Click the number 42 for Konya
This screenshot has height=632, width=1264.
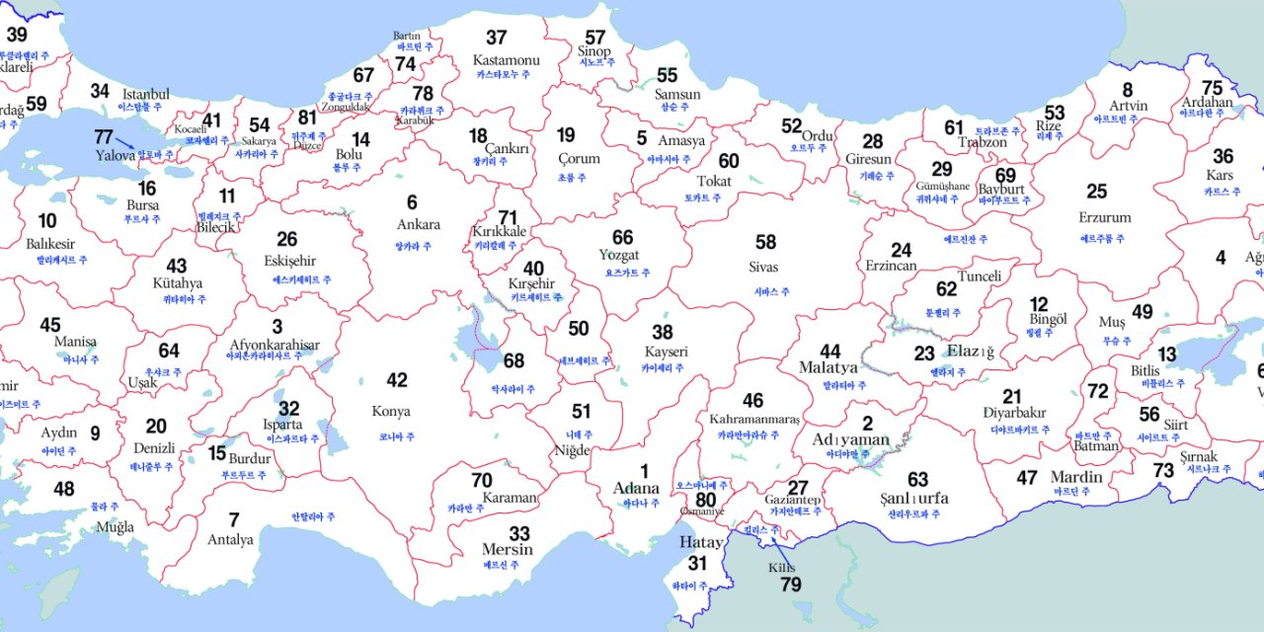[396, 380]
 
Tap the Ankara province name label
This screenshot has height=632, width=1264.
[418, 224]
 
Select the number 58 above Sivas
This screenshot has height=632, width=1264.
[765, 242]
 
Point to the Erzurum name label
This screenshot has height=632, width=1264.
[1105, 217]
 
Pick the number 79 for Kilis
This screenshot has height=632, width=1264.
[790, 584]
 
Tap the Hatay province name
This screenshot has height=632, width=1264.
[701, 542]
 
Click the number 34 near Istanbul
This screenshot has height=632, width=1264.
[100, 91]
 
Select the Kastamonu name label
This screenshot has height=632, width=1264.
[507, 60]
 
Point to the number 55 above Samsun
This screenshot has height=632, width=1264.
[668, 75]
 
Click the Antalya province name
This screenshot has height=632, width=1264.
[230, 540]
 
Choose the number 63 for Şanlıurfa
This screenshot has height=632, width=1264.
[917, 480]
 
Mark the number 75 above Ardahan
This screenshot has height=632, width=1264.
[1212, 87]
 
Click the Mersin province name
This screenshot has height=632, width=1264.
[508, 549]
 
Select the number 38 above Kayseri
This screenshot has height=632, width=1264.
[662, 333]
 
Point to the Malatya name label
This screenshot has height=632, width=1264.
[829, 367]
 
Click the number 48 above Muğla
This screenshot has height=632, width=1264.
[63, 489]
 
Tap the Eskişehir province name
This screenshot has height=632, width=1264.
[290, 261]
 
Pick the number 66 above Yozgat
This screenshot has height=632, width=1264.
[622, 238]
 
